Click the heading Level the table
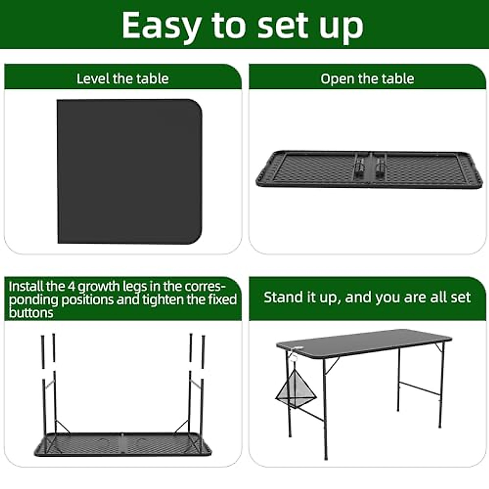click(123, 78)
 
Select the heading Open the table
click(367, 79)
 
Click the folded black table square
click(129, 171)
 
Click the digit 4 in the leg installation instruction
click(71, 286)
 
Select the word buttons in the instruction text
click(31, 313)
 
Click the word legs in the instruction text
click(131, 286)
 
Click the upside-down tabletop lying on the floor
click(122, 444)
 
